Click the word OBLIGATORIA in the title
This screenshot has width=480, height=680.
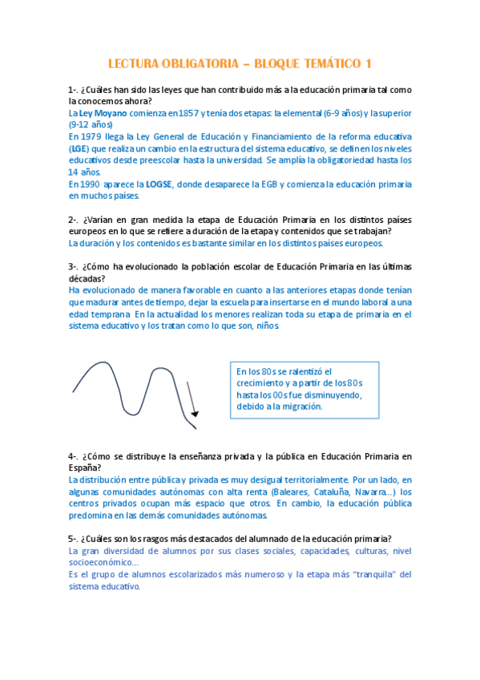pyautogui.click(x=189, y=63)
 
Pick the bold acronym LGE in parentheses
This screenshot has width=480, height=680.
pyautogui.click(x=79, y=148)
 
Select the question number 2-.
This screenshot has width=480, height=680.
pyautogui.click(x=73, y=219)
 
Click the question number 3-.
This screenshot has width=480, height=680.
pyautogui.click(x=73, y=266)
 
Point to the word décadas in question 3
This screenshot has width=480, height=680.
pyautogui.click(x=86, y=278)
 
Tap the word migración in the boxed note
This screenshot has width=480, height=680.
pyautogui.click(x=298, y=407)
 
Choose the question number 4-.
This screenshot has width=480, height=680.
pyautogui.click(x=73, y=456)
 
